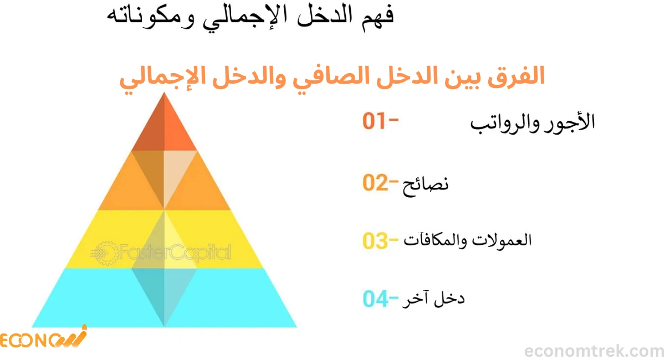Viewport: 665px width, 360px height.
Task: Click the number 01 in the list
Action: [x=375, y=121]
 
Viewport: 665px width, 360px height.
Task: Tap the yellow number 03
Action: [x=376, y=241]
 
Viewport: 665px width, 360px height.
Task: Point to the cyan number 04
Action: [x=376, y=299]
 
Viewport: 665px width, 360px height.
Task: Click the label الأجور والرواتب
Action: [x=533, y=122]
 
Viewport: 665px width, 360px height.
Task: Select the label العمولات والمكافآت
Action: [x=469, y=241]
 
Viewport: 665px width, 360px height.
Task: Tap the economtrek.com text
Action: [x=594, y=351]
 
